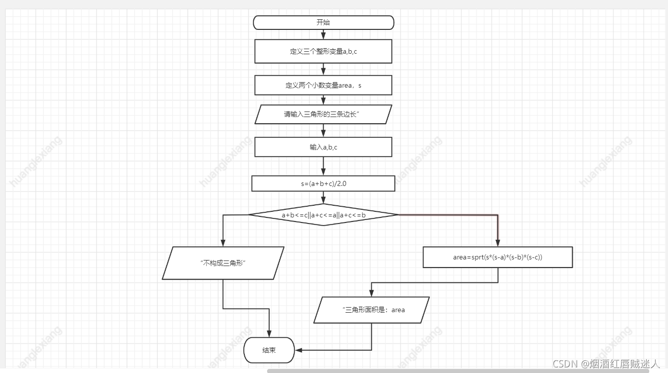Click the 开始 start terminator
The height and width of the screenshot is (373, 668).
pyautogui.click(x=323, y=23)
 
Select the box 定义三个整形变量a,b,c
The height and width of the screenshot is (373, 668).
pyautogui.click(x=323, y=52)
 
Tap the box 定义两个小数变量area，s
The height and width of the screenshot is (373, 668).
pyautogui.click(x=323, y=85)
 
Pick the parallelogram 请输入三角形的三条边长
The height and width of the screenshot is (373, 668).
pyautogui.click(x=323, y=114)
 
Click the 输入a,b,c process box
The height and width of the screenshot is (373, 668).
pyautogui.click(x=323, y=147)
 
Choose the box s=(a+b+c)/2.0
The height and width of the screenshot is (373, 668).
pyautogui.click(x=323, y=183)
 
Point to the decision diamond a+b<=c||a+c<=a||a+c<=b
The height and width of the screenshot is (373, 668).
pyautogui.click(x=323, y=215)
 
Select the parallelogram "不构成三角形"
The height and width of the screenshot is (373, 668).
pyautogui.click(x=223, y=263)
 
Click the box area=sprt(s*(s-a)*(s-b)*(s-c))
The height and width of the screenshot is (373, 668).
pyautogui.click(x=498, y=257)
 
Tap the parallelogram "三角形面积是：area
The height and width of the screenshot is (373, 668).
pyautogui.click(x=372, y=310)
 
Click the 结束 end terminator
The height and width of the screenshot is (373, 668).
pyautogui.click(x=269, y=350)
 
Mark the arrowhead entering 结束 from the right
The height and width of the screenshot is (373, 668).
pyautogui.click(x=299, y=350)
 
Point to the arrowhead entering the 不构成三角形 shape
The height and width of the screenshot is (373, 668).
pyautogui.click(x=223, y=243)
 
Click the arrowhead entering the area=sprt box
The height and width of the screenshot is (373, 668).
pyautogui.click(x=498, y=243)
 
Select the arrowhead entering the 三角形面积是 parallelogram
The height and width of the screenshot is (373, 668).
pyautogui.click(x=372, y=293)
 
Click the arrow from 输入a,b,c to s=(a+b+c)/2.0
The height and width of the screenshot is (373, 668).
pyautogui.click(x=323, y=166)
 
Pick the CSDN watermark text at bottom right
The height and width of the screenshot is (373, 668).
pyautogui.click(x=606, y=363)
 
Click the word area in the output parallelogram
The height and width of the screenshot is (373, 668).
pyautogui.click(x=398, y=310)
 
